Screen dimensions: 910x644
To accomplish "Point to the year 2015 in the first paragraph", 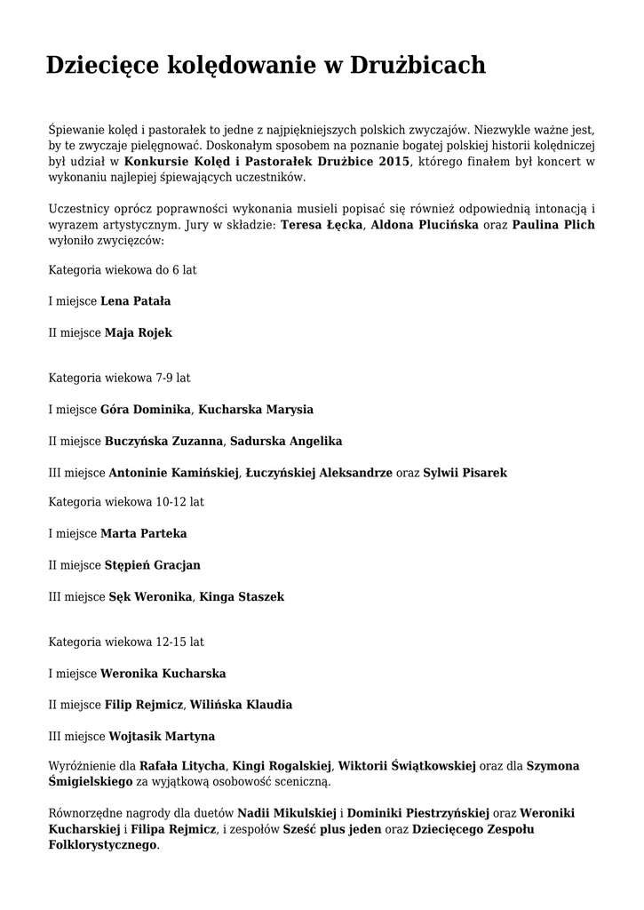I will (394, 161).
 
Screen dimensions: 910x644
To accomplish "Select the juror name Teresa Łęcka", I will (322, 225).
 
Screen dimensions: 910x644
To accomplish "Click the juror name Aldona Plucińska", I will (425, 225).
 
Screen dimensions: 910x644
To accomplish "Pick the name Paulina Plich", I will (553, 225).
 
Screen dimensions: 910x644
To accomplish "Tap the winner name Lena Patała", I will (136, 301).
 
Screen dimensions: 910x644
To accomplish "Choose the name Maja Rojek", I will (139, 332).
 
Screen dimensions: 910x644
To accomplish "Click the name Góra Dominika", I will (146, 410).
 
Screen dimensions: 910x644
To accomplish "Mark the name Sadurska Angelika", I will (286, 441).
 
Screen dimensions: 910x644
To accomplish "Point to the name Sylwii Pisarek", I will (465, 473).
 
